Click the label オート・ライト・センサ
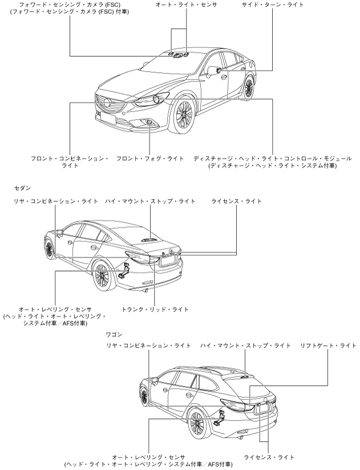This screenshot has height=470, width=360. [187, 5]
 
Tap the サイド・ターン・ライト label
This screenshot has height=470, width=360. [273, 5]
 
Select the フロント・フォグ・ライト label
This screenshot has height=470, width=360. [150, 158]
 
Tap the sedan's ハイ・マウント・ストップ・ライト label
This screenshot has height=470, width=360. [150, 201]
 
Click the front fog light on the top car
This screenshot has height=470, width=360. [149, 123]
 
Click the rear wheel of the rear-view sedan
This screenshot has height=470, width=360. [102, 277]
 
